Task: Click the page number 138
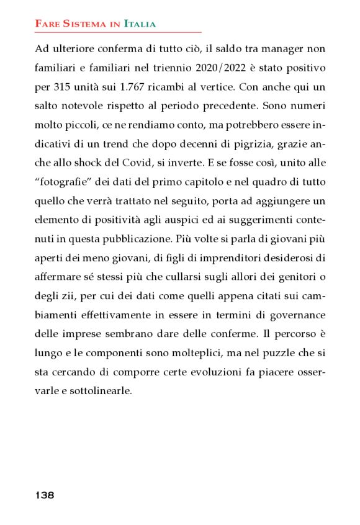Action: point(45,495)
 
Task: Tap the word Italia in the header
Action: point(140,24)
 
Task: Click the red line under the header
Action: point(118,32)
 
